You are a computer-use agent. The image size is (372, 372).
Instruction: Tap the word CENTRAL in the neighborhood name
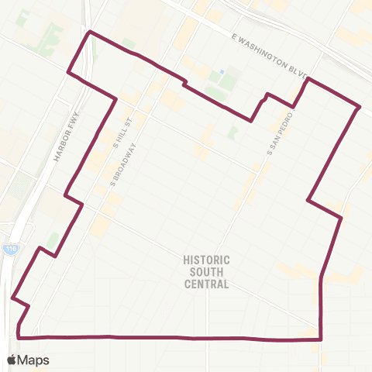207,284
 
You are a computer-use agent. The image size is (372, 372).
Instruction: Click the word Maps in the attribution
33,360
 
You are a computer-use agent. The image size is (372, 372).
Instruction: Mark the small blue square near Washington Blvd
221,72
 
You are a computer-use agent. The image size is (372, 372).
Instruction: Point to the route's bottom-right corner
320,339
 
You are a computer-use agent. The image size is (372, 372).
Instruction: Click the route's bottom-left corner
19,337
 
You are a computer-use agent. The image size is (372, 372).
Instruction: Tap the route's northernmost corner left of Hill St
91,32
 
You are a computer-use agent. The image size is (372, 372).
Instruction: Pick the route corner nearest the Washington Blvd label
309,79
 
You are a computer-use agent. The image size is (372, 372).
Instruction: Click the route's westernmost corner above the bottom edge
12,297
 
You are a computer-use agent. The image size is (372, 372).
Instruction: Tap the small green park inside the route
232,133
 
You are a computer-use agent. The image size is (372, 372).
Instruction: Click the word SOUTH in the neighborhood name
207,272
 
